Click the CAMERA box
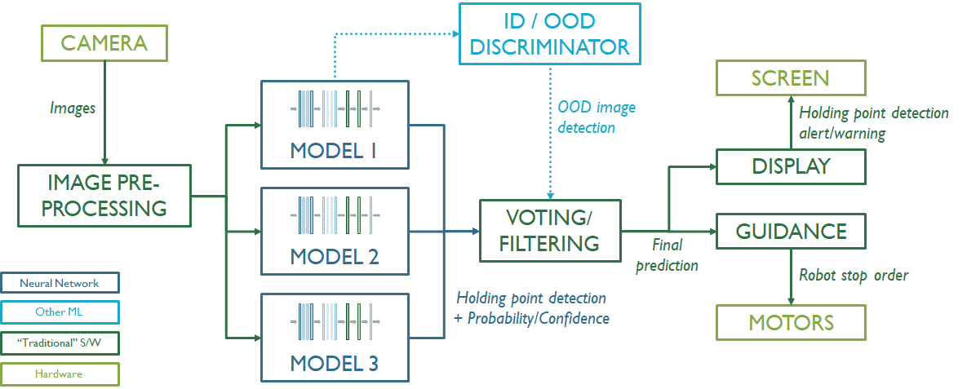coord(104,44)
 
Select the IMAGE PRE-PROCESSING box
coord(104,196)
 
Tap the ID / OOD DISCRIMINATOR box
coord(549,33)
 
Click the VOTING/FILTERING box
coord(549,230)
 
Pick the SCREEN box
coord(790,78)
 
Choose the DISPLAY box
coord(790,166)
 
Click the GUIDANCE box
coord(790,231)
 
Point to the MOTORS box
coord(791,321)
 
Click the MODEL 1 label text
coord(334,151)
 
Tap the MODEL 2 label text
coord(334,257)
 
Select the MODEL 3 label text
coord(334,363)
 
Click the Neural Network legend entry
coord(61,282)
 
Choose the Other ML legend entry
coord(61,312)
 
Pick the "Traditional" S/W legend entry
coord(61,343)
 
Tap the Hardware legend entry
coord(61,374)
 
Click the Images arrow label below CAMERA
coord(73,107)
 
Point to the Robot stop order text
coord(853,276)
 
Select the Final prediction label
coord(667,254)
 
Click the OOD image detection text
coord(597,117)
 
